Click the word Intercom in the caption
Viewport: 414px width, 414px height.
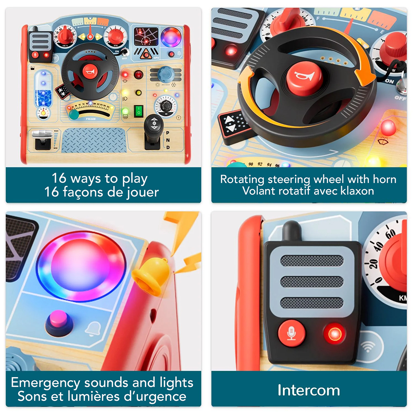click(309, 390)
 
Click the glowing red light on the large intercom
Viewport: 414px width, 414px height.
click(335, 333)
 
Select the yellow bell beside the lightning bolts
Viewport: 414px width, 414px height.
click(151, 276)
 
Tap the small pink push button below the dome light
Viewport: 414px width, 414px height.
click(59, 323)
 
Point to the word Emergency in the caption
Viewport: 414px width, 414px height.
click(46, 383)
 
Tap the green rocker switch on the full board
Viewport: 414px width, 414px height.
click(138, 111)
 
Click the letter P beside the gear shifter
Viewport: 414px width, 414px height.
click(168, 133)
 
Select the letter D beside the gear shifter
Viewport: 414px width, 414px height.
click(168, 147)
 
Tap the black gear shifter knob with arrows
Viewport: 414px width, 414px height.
click(154, 123)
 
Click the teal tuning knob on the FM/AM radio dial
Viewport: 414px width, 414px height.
click(74, 115)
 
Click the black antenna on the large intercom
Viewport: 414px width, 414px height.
click(291, 231)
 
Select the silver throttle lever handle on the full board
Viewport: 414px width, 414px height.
click(42, 134)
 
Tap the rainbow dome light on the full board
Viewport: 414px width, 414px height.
click(171, 38)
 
